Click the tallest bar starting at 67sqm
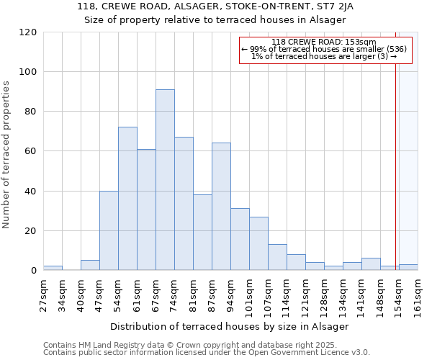(x=165, y=180)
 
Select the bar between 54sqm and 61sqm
(x=127, y=199)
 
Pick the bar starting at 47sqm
(x=109, y=230)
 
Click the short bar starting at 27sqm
(x=53, y=268)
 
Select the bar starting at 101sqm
(x=258, y=243)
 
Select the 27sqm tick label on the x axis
(x=44, y=294)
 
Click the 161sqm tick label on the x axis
(x=418, y=294)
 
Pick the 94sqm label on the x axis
(x=231, y=294)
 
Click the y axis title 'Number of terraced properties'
(x=7, y=155)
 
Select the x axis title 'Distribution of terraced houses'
(x=230, y=326)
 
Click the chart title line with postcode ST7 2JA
(x=215, y=6)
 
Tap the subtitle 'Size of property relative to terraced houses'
(x=215, y=19)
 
